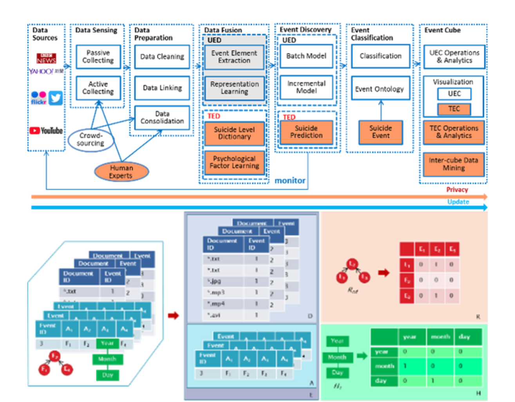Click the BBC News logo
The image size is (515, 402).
click(x=46, y=58)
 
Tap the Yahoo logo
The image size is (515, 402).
click(x=46, y=71)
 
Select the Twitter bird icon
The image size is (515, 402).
click(x=56, y=98)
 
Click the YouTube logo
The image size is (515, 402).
click(x=46, y=130)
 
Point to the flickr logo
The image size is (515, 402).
click(x=38, y=98)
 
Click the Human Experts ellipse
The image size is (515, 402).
click(x=121, y=172)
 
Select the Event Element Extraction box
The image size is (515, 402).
click(x=234, y=57)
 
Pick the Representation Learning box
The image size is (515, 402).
click(x=234, y=88)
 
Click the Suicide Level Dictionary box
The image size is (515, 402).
click(x=234, y=133)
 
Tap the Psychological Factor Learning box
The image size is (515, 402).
click(x=234, y=162)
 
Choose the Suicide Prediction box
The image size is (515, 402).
click(x=306, y=132)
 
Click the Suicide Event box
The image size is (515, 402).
click(x=381, y=132)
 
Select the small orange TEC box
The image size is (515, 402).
click(x=454, y=109)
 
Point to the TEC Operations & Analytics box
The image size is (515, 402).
click(x=454, y=132)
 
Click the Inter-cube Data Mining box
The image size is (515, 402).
click(x=454, y=164)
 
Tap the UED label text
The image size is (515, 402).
click(x=214, y=40)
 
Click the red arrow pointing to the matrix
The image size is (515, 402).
click(x=384, y=273)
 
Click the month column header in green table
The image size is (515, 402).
click(x=440, y=337)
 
